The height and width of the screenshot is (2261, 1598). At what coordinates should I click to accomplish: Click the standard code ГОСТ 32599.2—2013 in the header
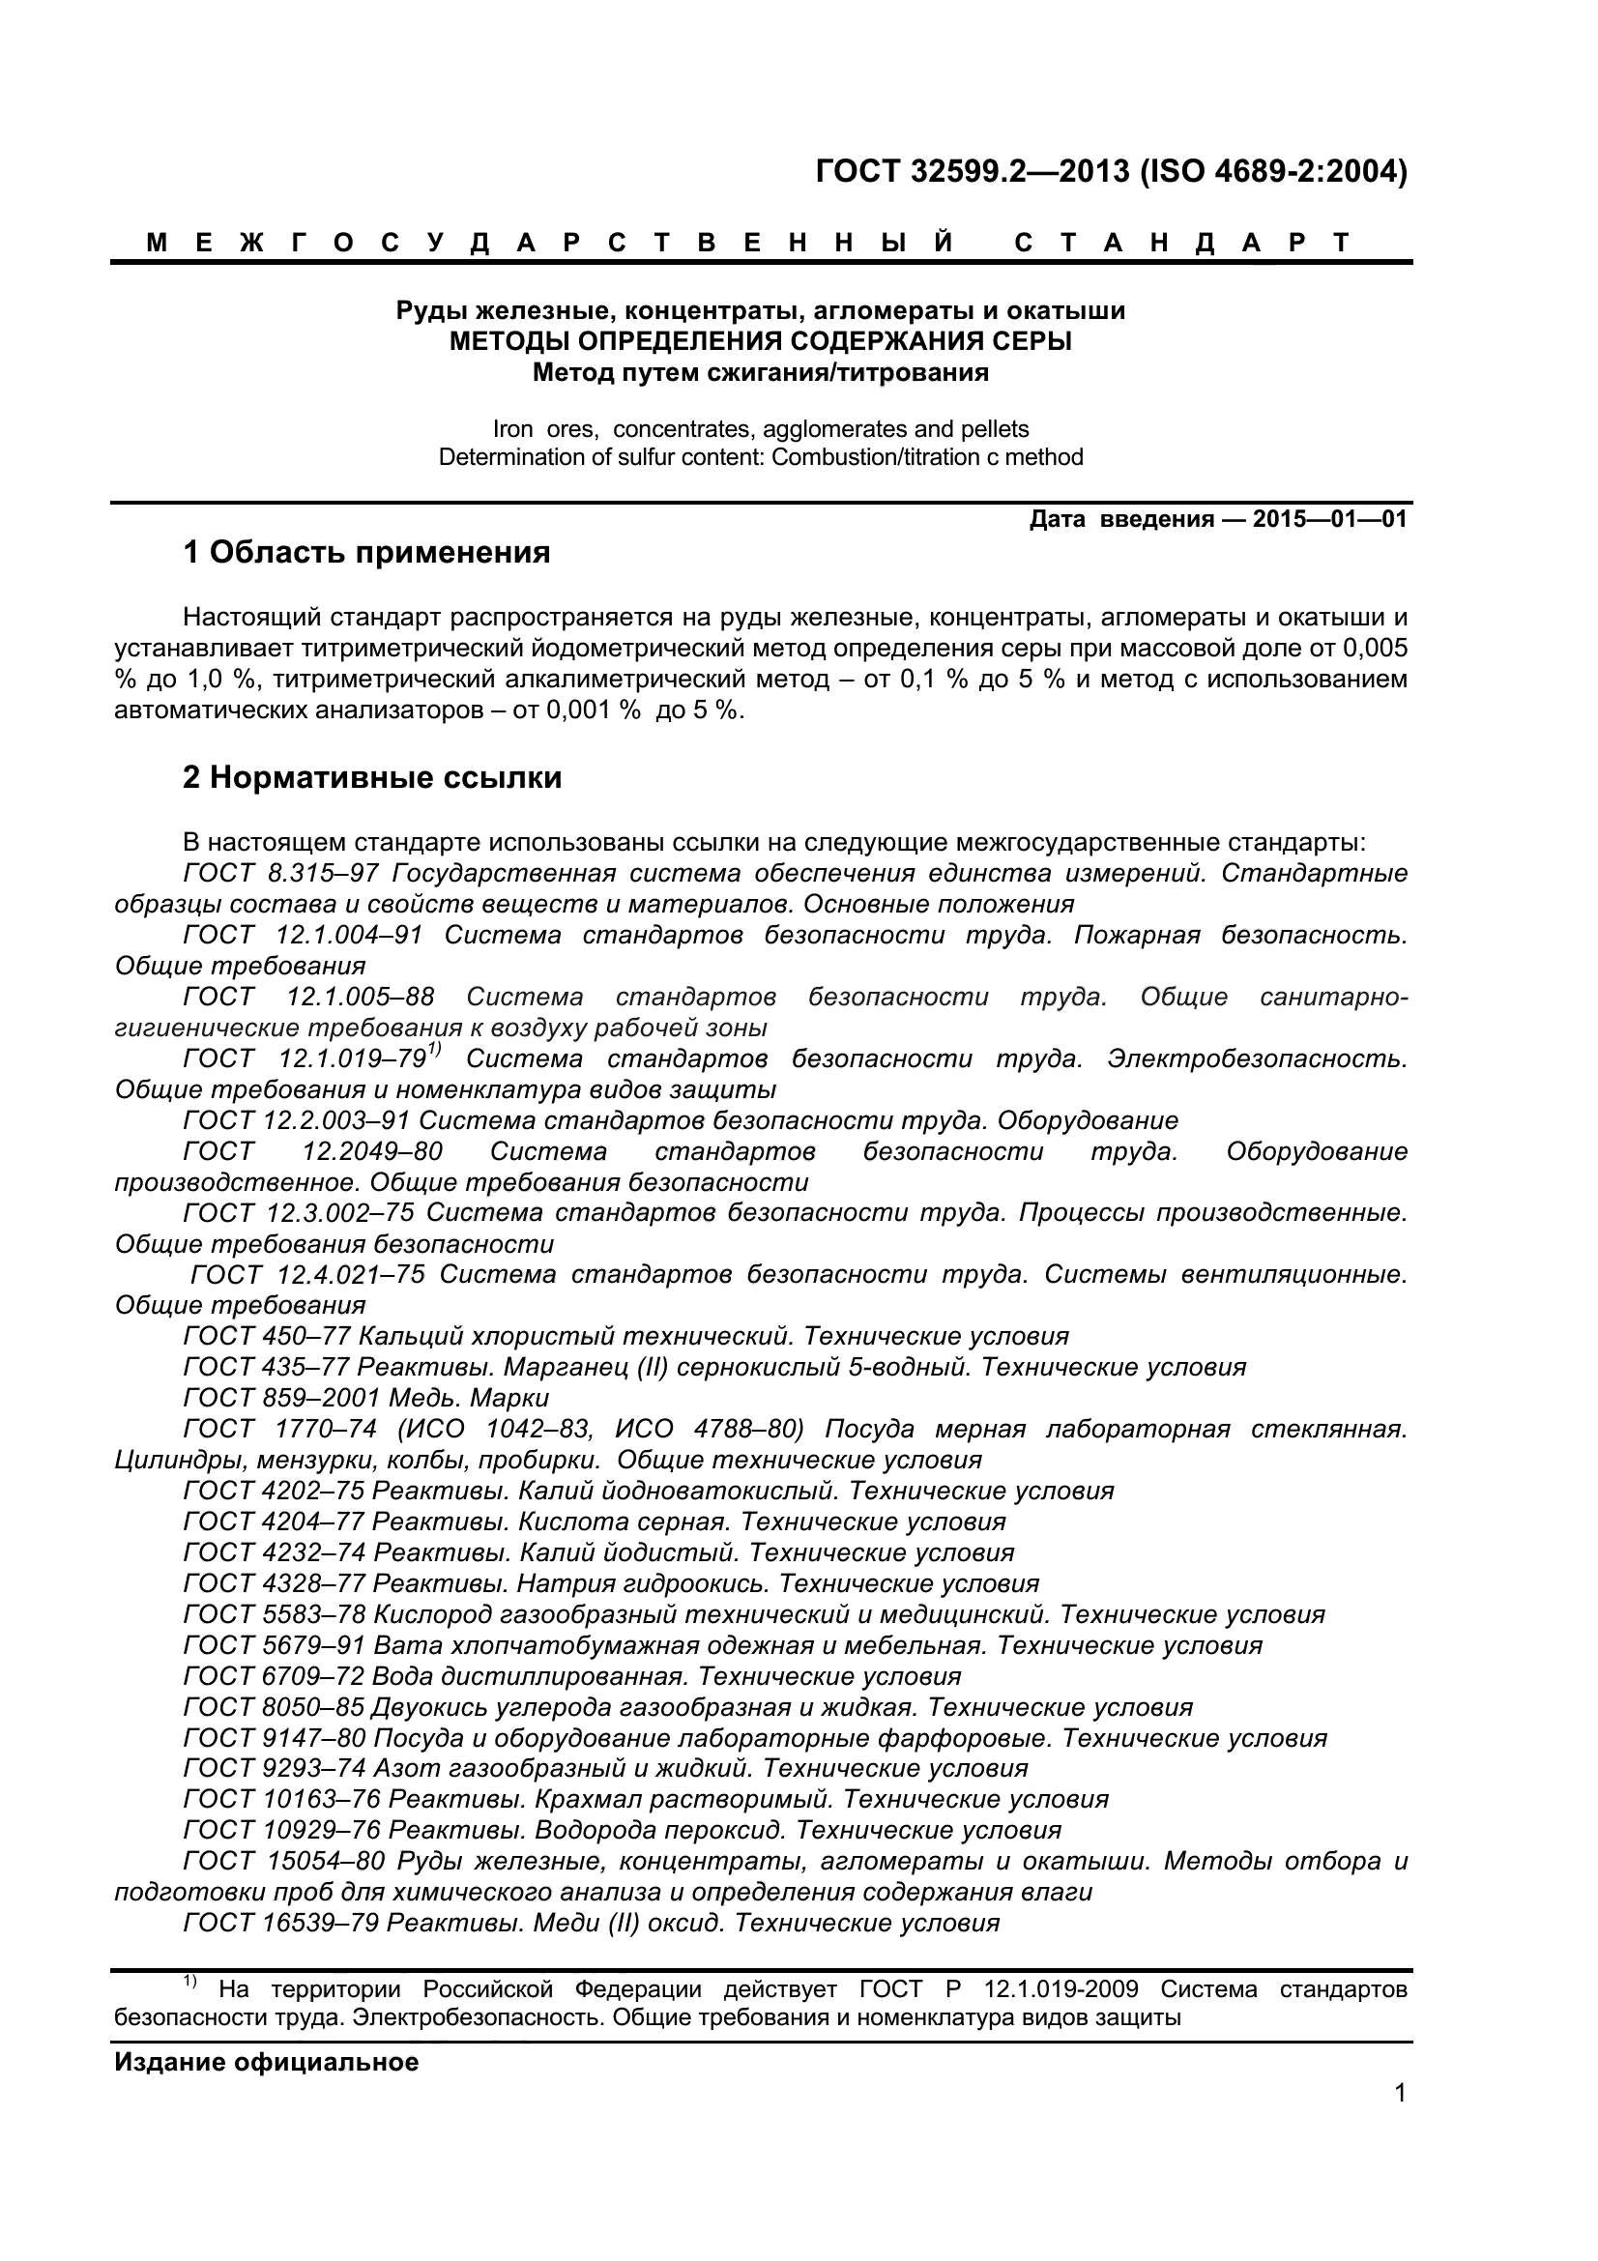click(x=972, y=172)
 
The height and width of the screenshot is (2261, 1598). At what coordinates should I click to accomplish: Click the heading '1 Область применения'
click(x=366, y=554)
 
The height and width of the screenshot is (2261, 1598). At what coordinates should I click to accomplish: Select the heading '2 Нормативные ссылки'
click(x=372, y=778)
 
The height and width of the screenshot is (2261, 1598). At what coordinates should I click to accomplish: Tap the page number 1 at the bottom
click(x=1400, y=2120)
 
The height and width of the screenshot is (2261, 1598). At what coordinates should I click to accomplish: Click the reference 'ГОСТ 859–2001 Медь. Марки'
click(x=366, y=1399)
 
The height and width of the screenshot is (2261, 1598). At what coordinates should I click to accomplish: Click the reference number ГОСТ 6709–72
click(x=274, y=1676)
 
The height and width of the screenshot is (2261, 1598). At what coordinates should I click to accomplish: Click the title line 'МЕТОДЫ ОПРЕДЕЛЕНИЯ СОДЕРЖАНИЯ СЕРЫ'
click(x=760, y=341)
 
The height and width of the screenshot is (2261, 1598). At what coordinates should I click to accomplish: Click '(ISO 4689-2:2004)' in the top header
click(x=1273, y=172)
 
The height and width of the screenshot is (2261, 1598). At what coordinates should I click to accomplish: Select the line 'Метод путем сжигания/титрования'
click(x=760, y=373)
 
